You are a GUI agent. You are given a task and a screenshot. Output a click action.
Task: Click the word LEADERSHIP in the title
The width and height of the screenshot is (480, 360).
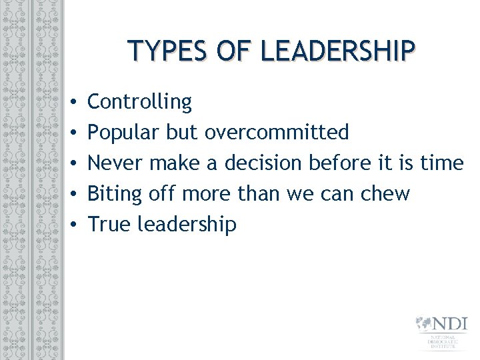click(x=339, y=51)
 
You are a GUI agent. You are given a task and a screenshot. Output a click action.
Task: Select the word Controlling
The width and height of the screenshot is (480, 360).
click(x=139, y=102)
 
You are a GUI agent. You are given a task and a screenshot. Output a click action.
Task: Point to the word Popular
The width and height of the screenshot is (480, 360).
click(x=123, y=133)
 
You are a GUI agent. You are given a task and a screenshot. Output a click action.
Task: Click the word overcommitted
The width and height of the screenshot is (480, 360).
click(x=277, y=133)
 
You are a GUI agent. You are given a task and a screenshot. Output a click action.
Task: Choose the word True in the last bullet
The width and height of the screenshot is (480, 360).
click(x=109, y=225)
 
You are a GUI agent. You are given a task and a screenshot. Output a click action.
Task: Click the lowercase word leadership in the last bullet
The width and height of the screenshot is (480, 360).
click(x=187, y=225)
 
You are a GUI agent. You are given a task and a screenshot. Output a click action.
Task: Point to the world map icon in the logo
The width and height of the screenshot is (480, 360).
click(x=424, y=324)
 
